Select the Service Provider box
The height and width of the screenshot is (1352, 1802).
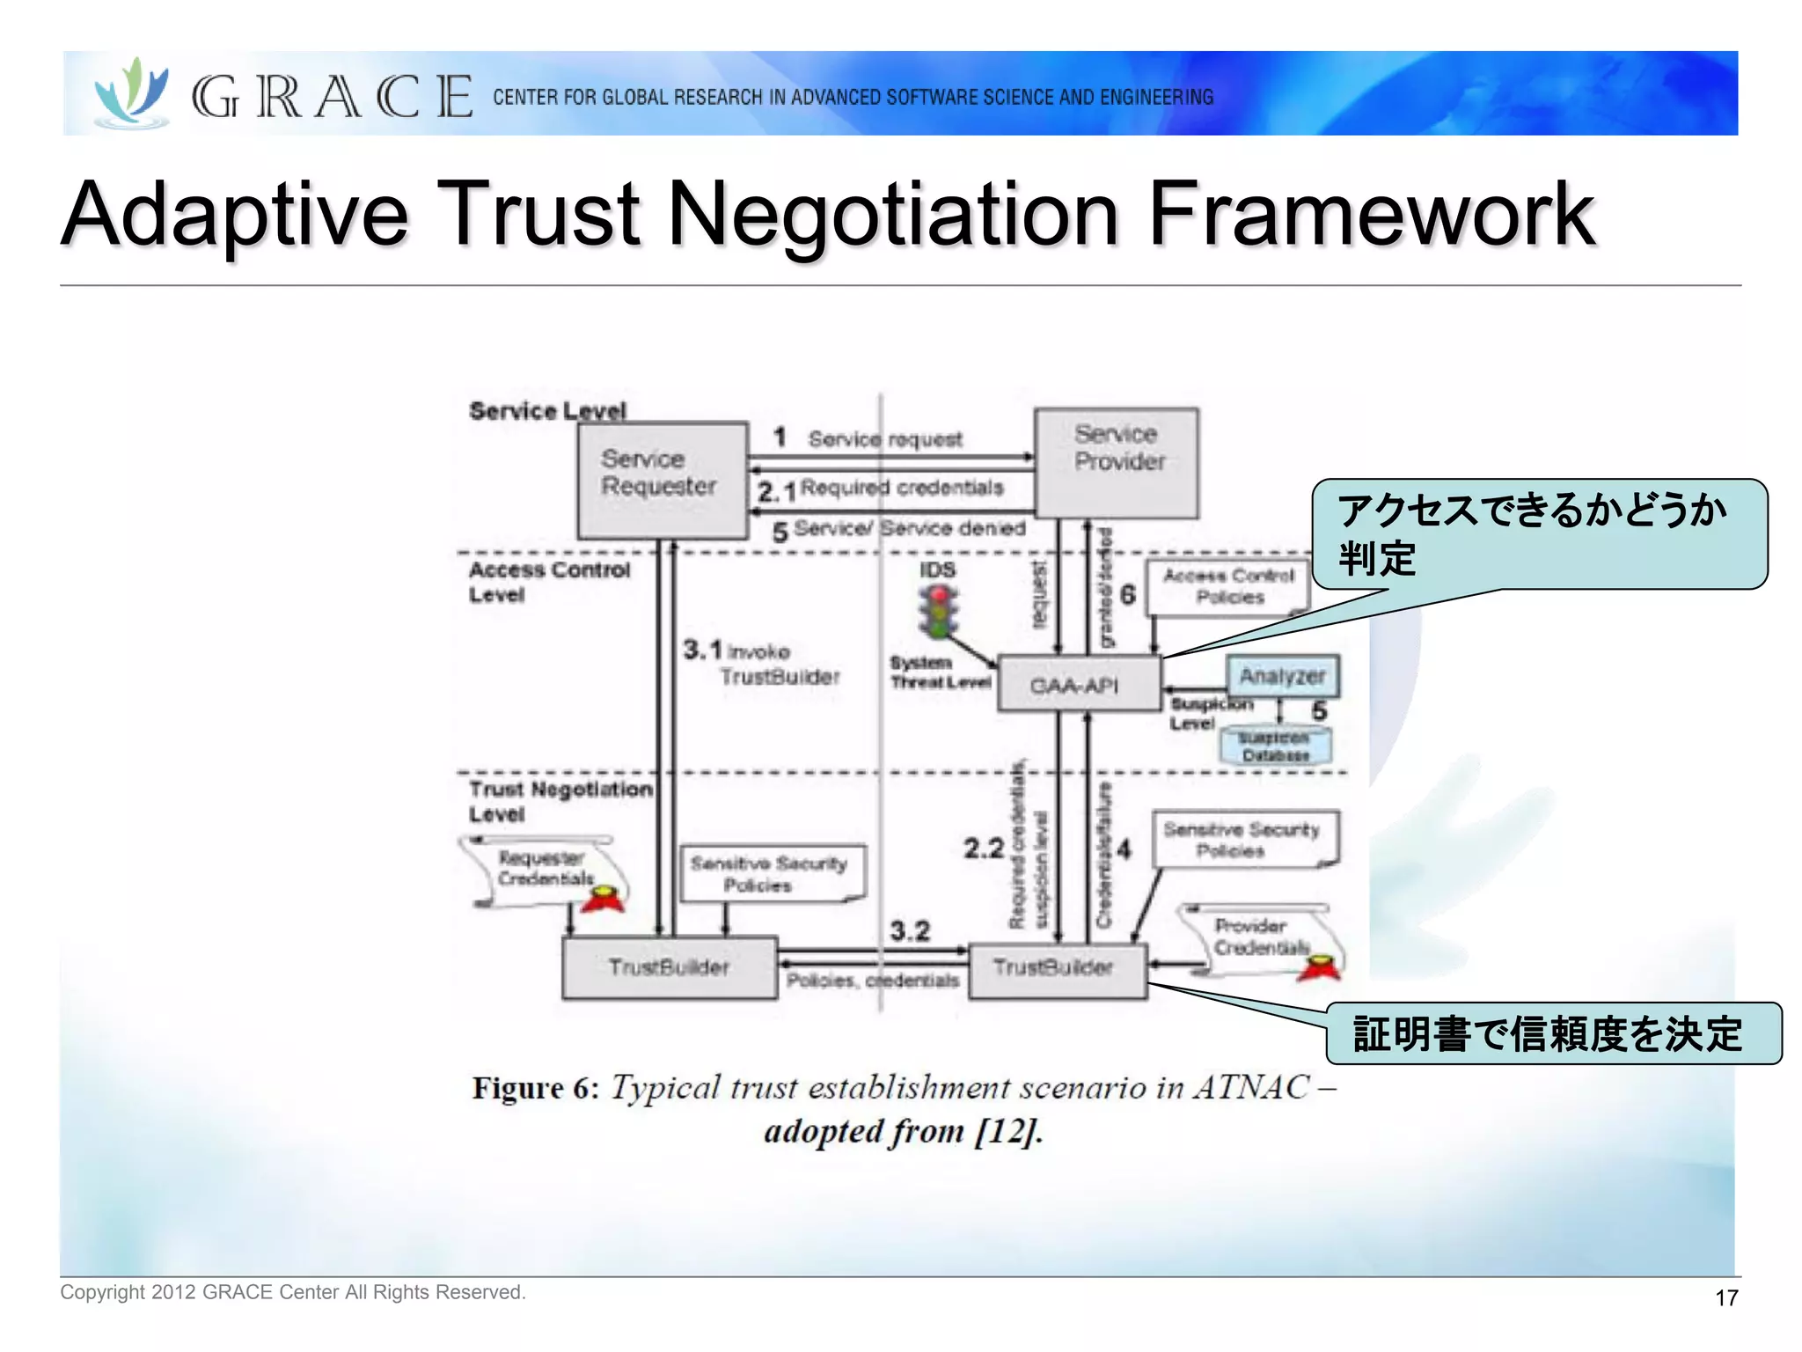1116,462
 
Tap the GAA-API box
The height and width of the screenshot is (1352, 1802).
1078,684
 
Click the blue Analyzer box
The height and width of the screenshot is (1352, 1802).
1282,676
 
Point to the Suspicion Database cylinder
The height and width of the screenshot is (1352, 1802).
1275,746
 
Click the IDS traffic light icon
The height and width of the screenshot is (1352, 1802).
939,610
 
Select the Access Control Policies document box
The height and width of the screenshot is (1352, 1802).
1228,586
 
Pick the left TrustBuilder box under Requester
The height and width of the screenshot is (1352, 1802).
669,966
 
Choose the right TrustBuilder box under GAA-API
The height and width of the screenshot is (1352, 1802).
1056,968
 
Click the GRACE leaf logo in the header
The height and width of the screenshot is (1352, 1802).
132,93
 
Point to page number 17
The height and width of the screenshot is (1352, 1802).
1726,1297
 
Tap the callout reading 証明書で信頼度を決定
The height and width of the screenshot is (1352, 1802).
1552,1033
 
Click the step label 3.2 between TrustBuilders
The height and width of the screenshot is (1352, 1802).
909,930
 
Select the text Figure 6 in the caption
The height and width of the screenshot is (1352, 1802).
535,1088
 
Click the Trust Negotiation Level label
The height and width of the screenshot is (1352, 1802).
560,801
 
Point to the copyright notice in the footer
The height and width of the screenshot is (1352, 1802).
292,1292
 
